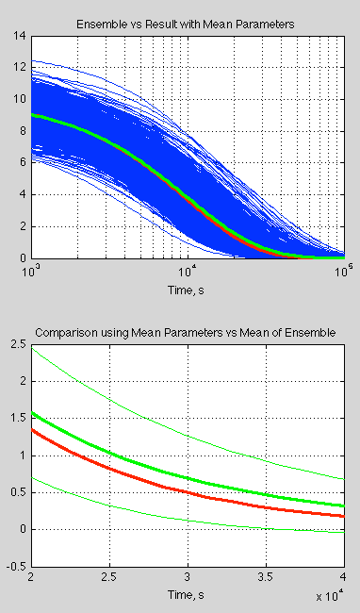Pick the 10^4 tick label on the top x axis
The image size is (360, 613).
pyautogui.click(x=188, y=269)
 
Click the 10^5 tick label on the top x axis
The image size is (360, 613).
pyautogui.click(x=343, y=269)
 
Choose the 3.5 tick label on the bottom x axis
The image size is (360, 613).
pyautogui.click(x=265, y=578)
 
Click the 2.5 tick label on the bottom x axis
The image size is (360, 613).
pyautogui.click(x=109, y=578)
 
